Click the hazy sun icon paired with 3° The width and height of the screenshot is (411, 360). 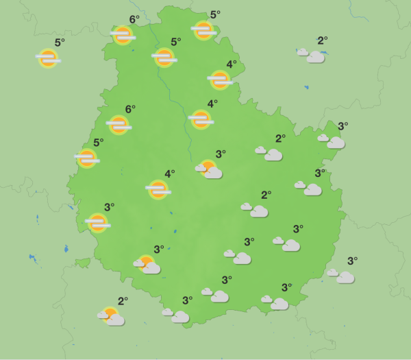98,222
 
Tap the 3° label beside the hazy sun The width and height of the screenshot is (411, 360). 109,207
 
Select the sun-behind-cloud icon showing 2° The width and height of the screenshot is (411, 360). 112,316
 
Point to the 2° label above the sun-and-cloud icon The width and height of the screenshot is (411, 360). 123,301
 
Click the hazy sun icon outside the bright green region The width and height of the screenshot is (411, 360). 48,58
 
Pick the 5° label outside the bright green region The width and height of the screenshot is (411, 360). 60,43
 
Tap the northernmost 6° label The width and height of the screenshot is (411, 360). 134,19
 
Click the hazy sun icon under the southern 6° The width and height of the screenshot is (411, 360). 119,125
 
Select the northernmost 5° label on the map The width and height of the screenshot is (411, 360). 214,14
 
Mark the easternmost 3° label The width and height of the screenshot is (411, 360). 352,261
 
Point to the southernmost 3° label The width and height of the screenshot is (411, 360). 187,300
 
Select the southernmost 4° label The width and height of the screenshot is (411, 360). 169,174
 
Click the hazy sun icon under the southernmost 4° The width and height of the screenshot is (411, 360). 158,189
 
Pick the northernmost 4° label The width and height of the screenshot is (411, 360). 231,64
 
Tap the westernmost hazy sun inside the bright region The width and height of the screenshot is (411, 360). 87,158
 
